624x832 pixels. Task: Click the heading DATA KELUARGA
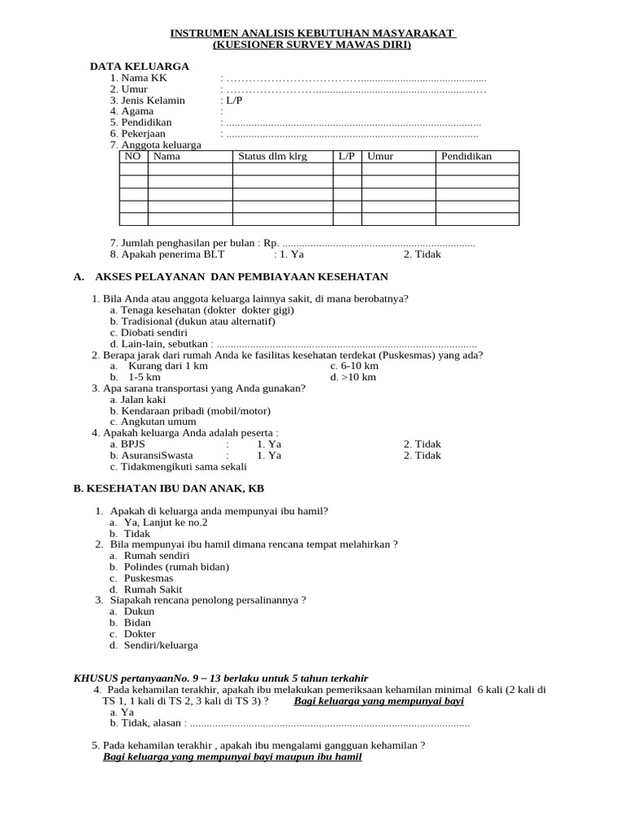point(139,66)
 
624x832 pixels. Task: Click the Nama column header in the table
point(167,156)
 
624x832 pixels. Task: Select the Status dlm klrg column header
point(272,156)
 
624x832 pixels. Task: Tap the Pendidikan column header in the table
point(466,156)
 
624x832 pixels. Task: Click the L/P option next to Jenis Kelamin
point(235,100)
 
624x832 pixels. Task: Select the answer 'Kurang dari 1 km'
point(168,366)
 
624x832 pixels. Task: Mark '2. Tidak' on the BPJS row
point(422,444)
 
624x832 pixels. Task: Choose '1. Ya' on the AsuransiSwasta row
point(269,455)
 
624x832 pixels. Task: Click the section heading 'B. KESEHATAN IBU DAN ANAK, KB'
point(168,488)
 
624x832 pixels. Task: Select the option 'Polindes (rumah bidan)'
point(176,566)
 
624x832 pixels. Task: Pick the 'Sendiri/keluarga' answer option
point(161,645)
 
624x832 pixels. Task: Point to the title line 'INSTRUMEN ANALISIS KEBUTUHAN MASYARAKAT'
point(312,33)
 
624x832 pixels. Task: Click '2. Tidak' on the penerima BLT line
point(422,253)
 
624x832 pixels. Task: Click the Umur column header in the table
point(379,156)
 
